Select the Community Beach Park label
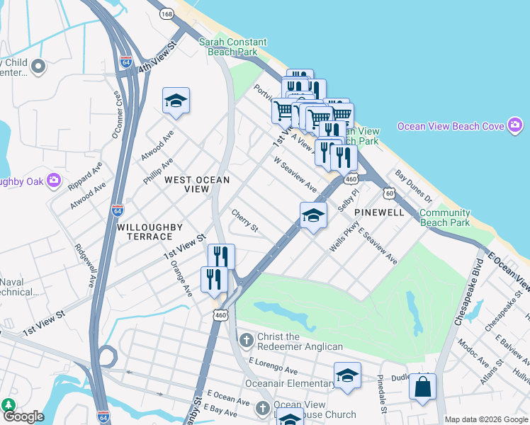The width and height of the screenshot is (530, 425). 444,217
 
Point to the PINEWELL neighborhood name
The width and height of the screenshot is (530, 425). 379,212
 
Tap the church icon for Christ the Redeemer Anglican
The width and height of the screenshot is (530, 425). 246,341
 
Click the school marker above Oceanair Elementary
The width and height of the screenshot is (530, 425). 347,376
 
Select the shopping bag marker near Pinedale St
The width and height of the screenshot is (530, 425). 422,387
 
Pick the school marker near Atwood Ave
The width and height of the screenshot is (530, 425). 176,101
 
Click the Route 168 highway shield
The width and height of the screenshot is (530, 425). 167,13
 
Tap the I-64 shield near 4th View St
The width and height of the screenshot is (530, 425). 125,62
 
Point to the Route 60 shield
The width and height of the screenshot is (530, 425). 389,192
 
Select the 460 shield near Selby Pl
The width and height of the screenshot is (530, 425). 351,180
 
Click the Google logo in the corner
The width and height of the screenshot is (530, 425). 23,416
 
